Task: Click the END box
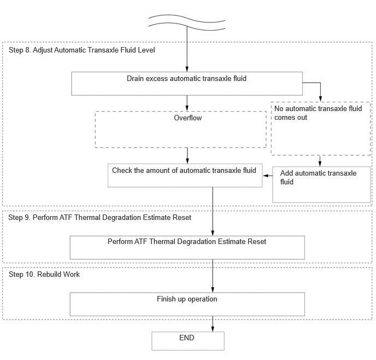point(188,341)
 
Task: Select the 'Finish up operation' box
point(187,304)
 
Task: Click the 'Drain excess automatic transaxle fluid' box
point(187,84)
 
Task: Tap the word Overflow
point(188,118)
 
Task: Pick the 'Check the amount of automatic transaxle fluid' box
point(185,176)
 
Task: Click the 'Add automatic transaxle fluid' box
point(321,184)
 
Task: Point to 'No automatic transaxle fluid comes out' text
point(318,113)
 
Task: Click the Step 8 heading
point(82,50)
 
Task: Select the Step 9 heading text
point(100,217)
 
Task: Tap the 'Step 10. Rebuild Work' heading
point(44,274)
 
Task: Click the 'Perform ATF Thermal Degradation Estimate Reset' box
point(187,247)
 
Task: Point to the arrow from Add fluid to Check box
point(268,176)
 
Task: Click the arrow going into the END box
point(213,324)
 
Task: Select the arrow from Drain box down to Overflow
point(187,103)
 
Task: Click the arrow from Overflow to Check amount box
point(187,155)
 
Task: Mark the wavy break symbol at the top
point(187,22)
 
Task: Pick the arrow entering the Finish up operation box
point(213,276)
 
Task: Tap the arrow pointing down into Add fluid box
point(320,161)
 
